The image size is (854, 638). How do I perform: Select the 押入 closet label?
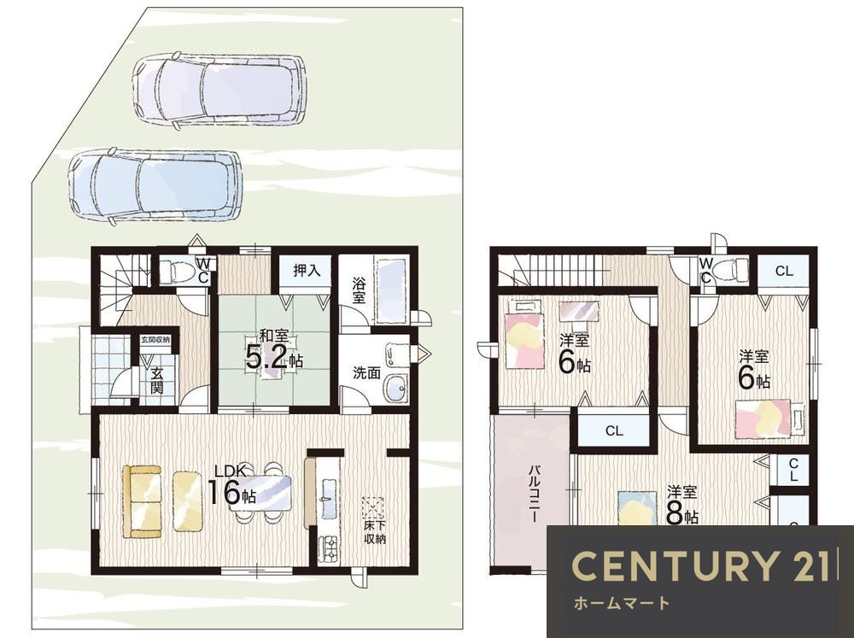307,270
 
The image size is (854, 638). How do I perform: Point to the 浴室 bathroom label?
359,290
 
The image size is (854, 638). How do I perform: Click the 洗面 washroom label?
366,373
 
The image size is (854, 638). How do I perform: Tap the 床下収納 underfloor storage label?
374,532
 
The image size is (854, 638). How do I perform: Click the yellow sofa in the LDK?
143,501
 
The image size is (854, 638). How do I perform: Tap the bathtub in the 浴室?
391,292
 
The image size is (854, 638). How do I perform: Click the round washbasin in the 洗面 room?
395,388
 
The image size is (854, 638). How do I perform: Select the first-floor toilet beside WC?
181,270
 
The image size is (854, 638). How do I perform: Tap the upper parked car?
219,91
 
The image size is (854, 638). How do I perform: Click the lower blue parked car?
155,186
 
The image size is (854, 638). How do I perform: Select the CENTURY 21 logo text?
701,565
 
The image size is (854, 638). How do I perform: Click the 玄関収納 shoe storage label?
155,339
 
